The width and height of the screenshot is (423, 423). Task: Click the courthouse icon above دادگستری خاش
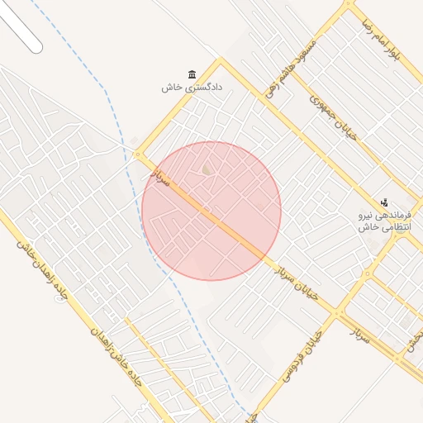tap(192, 74)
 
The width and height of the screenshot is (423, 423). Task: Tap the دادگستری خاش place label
tap(196, 87)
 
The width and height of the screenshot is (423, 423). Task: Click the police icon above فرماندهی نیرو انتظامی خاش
tap(384, 202)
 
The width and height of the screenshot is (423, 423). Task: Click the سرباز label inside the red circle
tap(159, 175)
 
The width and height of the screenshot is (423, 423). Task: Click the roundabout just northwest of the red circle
tap(138, 154)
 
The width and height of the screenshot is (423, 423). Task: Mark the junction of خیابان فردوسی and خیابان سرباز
tap(340, 312)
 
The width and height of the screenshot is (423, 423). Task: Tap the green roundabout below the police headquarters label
tap(401, 230)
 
